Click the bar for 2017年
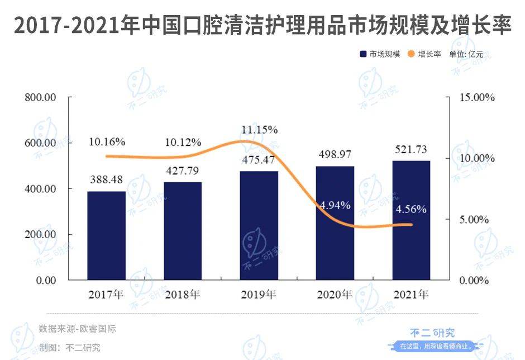[x=106, y=235]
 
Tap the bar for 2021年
[x=411, y=220]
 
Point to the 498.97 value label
[x=335, y=154]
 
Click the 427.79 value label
[x=182, y=170]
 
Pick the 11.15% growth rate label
[x=259, y=130]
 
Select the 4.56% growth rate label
[x=411, y=210]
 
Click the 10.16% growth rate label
[x=107, y=142]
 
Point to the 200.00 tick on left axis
[x=40, y=234]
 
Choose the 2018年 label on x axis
[x=183, y=294]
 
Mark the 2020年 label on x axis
[x=335, y=294]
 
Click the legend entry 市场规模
[x=379, y=54]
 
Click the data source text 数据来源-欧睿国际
[x=78, y=329]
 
